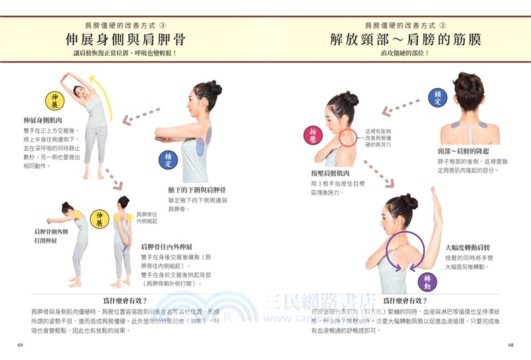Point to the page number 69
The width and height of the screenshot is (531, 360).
coord(20,345)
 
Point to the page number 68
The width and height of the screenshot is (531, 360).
coord(510,345)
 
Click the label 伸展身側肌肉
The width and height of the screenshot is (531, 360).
coord(43,120)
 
